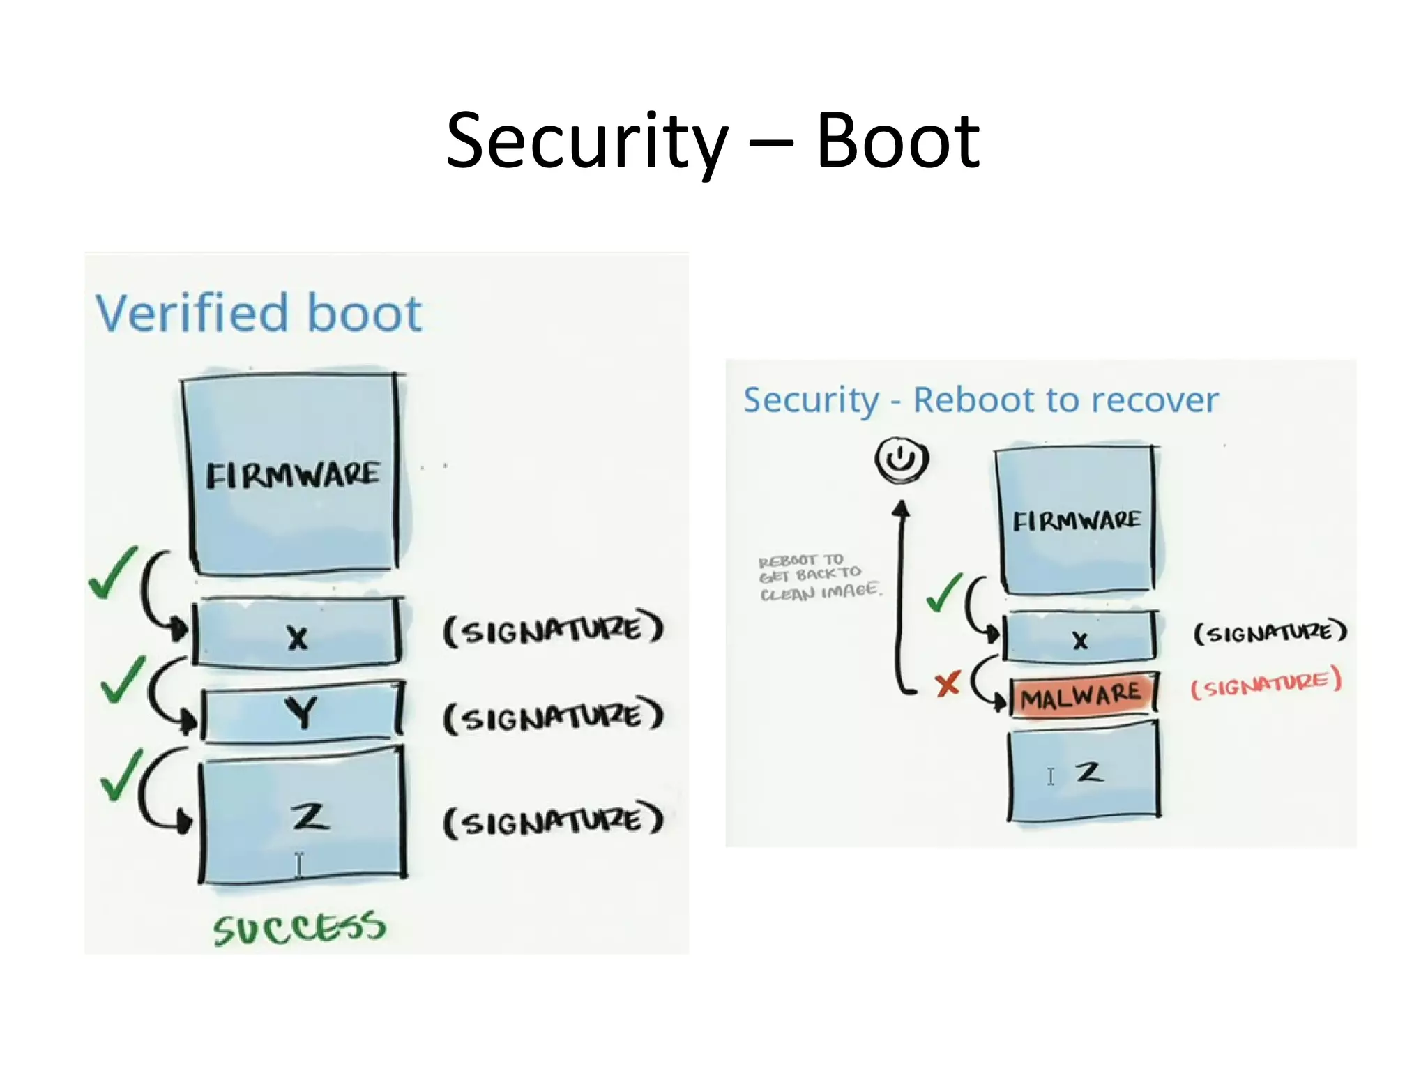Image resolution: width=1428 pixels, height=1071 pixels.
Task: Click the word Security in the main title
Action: [587, 143]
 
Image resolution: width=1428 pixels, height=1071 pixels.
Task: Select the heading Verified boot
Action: [259, 313]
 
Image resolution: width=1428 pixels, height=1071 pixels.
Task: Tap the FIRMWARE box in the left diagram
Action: [293, 474]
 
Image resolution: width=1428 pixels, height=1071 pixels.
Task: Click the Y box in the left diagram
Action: [301, 712]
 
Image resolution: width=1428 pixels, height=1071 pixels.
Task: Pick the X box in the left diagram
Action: [298, 633]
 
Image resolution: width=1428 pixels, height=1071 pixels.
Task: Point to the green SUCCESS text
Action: [299, 928]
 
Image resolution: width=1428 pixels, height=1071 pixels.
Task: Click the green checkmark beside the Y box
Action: [122, 680]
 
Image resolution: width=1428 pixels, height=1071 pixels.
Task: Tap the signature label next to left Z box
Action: [553, 821]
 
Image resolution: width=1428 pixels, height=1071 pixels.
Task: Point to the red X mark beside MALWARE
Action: [948, 684]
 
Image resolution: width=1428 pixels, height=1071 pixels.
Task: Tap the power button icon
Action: [902, 459]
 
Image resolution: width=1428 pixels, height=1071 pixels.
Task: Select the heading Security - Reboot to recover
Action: [980, 400]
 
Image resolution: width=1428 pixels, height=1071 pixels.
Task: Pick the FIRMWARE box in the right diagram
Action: [1076, 519]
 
